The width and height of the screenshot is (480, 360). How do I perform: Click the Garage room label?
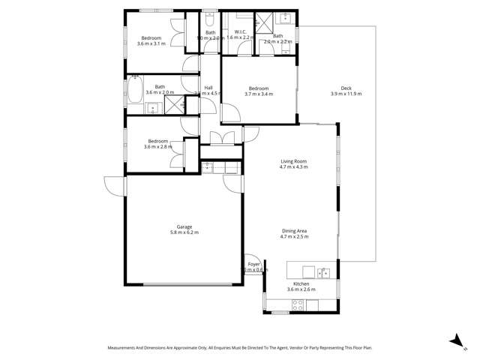pyautogui.click(x=184, y=226)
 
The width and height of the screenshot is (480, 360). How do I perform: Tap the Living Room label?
pyautogui.click(x=294, y=161)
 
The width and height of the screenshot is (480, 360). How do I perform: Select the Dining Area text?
pyautogui.click(x=294, y=231)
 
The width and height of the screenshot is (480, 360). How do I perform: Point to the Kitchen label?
pyautogui.click(x=301, y=283)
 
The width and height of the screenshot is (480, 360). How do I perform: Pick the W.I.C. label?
pyautogui.click(x=241, y=32)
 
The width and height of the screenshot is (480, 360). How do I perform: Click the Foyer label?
pyautogui.click(x=254, y=265)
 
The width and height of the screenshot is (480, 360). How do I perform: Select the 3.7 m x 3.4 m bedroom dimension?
pyautogui.click(x=259, y=94)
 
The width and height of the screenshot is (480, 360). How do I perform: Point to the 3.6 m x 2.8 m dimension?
pyautogui.click(x=158, y=147)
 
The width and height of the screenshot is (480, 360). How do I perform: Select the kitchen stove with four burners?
pyautogui.click(x=297, y=304)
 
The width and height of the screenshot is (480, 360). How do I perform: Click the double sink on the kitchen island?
pyautogui.click(x=323, y=271)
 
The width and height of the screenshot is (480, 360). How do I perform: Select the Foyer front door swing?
pyautogui.click(x=253, y=278)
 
